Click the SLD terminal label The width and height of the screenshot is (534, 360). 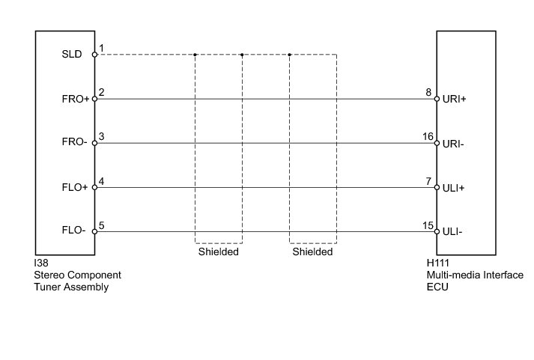click(73, 54)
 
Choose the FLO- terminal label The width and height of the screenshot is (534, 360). click(73, 231)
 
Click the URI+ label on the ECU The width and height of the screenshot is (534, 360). click(455, 98)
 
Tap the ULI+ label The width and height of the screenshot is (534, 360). click(454, 187)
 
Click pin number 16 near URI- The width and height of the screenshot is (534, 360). click(428, 136)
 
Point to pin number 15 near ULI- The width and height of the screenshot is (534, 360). click(428, 225)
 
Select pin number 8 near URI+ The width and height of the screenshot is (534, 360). click(428, 92)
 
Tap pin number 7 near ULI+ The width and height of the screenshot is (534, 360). click(428, 181)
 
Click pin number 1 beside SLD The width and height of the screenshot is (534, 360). click(101, 48)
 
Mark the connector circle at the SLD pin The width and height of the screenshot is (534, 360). click(94, 54)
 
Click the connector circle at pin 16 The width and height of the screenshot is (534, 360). click(436, 143)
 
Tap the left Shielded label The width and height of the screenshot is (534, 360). click(218, 252)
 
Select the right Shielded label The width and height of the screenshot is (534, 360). click(312, 252)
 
